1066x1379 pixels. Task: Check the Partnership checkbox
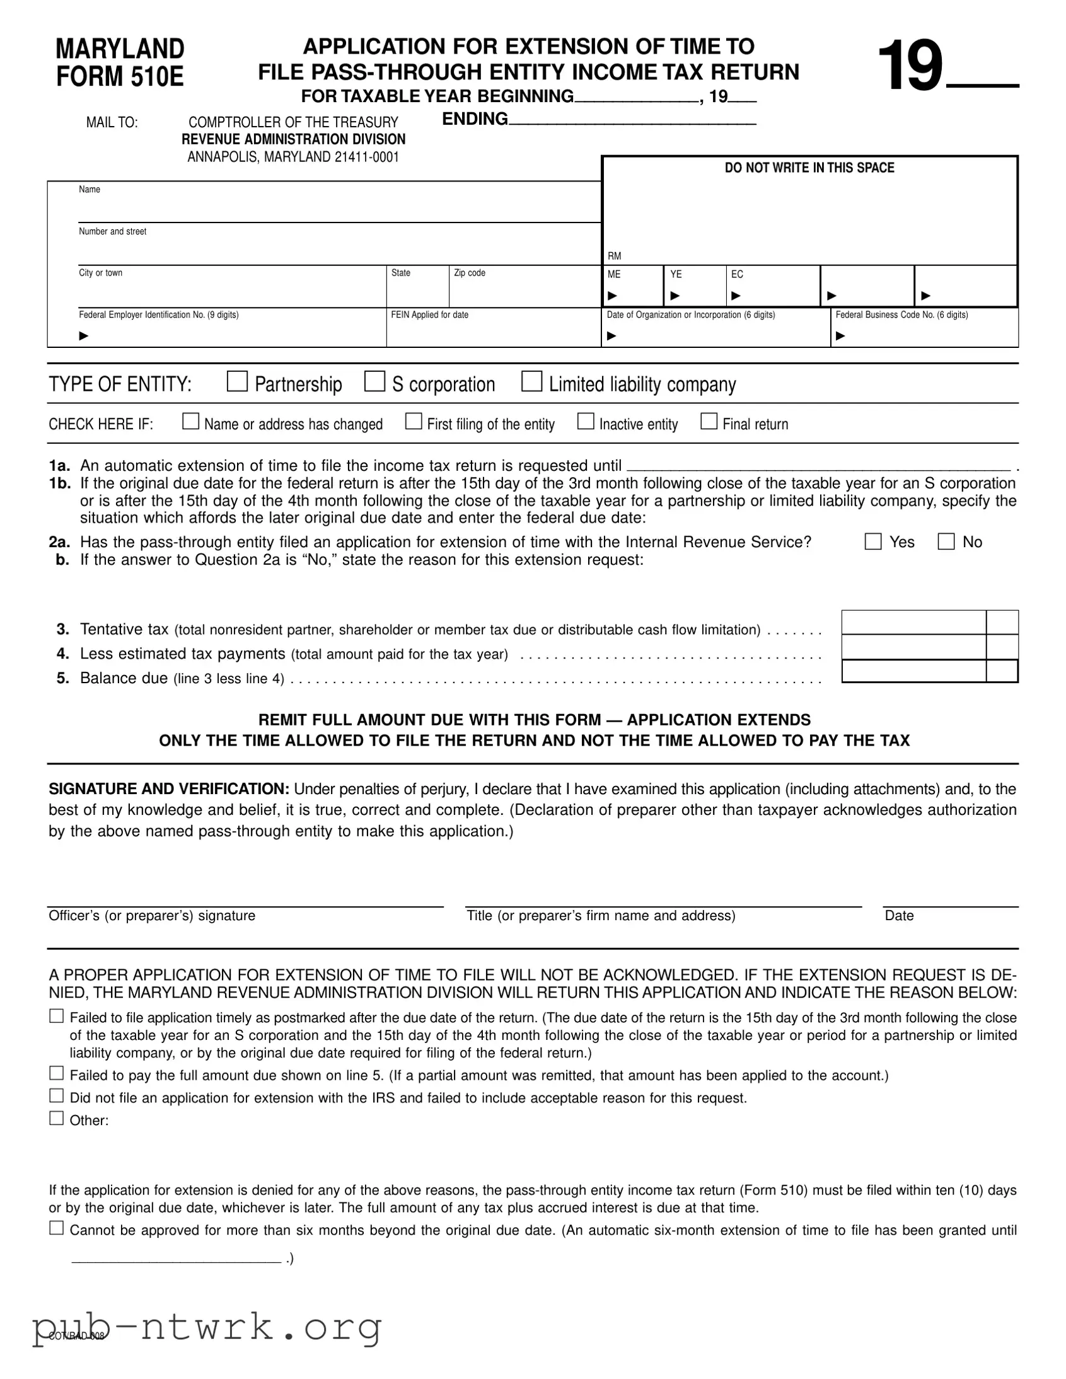point(237,381)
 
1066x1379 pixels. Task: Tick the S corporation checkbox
point(374,381)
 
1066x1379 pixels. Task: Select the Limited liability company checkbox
point(531,381)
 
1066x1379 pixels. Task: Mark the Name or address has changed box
point(190,421)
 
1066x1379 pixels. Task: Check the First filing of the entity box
point(413,421)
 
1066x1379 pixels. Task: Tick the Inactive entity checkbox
point(586,421)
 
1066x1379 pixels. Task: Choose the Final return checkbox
point(709,421)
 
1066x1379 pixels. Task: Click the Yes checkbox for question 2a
point(872,542)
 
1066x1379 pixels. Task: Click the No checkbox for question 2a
point(946,542)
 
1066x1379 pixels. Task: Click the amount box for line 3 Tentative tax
point(913,623)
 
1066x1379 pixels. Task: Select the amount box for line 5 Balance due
point(913,671)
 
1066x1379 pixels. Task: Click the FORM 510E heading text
point(120,76)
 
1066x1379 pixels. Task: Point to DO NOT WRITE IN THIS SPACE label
point(809,168)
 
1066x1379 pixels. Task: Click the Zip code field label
point(469,273)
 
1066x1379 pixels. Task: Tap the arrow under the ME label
point(611,296)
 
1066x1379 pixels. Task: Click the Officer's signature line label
point(152,916)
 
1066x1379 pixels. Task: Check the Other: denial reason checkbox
point(57,1118)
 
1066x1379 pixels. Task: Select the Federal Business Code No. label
point(901,314)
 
